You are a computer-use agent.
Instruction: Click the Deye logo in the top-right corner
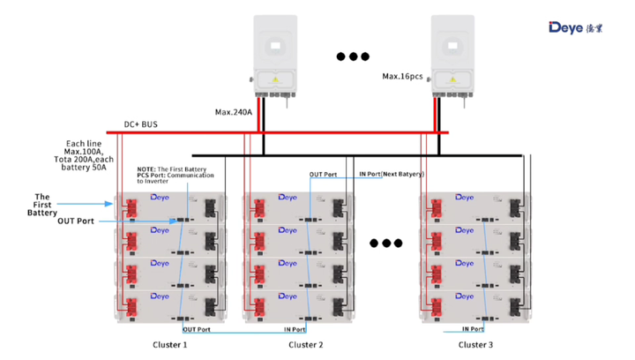click(578, 26)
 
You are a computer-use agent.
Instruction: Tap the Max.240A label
click(234, 112)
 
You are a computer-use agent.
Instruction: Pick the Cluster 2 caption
click(306, 345)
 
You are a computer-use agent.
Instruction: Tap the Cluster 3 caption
click(475, 345)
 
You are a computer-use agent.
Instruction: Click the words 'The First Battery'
click(41, 204)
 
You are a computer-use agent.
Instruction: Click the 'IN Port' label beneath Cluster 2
click(295, 329)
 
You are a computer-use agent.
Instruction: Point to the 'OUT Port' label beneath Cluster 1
click(196, 329)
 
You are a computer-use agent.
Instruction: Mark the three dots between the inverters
click(353, 57)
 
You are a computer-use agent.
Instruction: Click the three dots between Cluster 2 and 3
click(385, 244)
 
